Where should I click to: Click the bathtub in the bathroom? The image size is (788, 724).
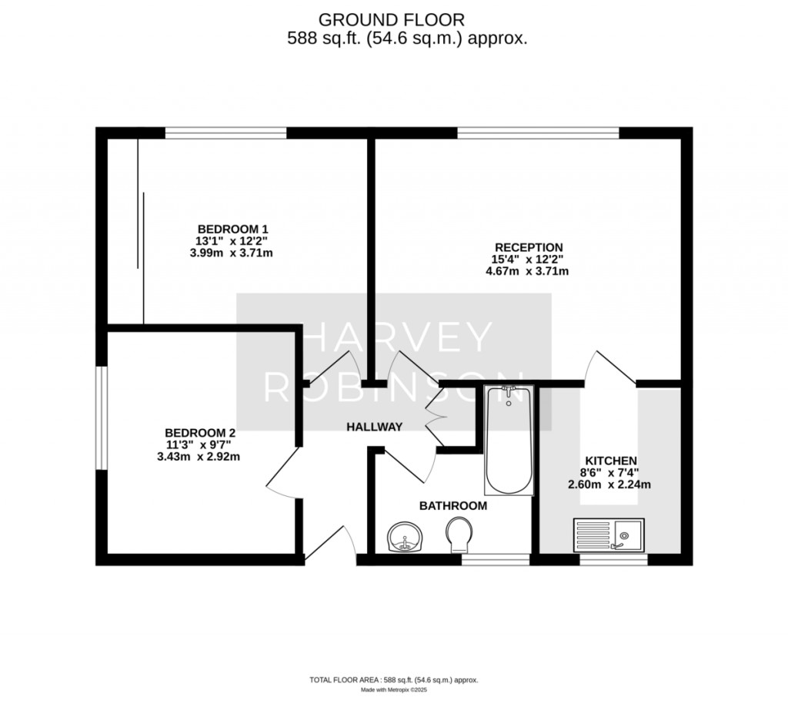coord(508,441)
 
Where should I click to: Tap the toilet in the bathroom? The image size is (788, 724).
coord(459,534)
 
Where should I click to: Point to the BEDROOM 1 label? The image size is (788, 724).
coord(232,229)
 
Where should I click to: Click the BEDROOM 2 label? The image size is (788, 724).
coord(199,433)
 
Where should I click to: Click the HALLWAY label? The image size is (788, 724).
coord(374,427)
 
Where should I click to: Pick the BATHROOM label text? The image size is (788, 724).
coord(452,506)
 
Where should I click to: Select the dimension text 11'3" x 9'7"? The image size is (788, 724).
coord(199,444)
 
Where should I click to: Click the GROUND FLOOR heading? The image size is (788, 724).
coord(392,19)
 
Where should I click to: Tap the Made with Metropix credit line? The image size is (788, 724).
coord(393,690)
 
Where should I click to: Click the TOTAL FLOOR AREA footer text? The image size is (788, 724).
coord(393,680)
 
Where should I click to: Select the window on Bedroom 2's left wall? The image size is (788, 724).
coord(100,417)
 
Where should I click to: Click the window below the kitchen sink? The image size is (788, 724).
coord(613,560)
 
